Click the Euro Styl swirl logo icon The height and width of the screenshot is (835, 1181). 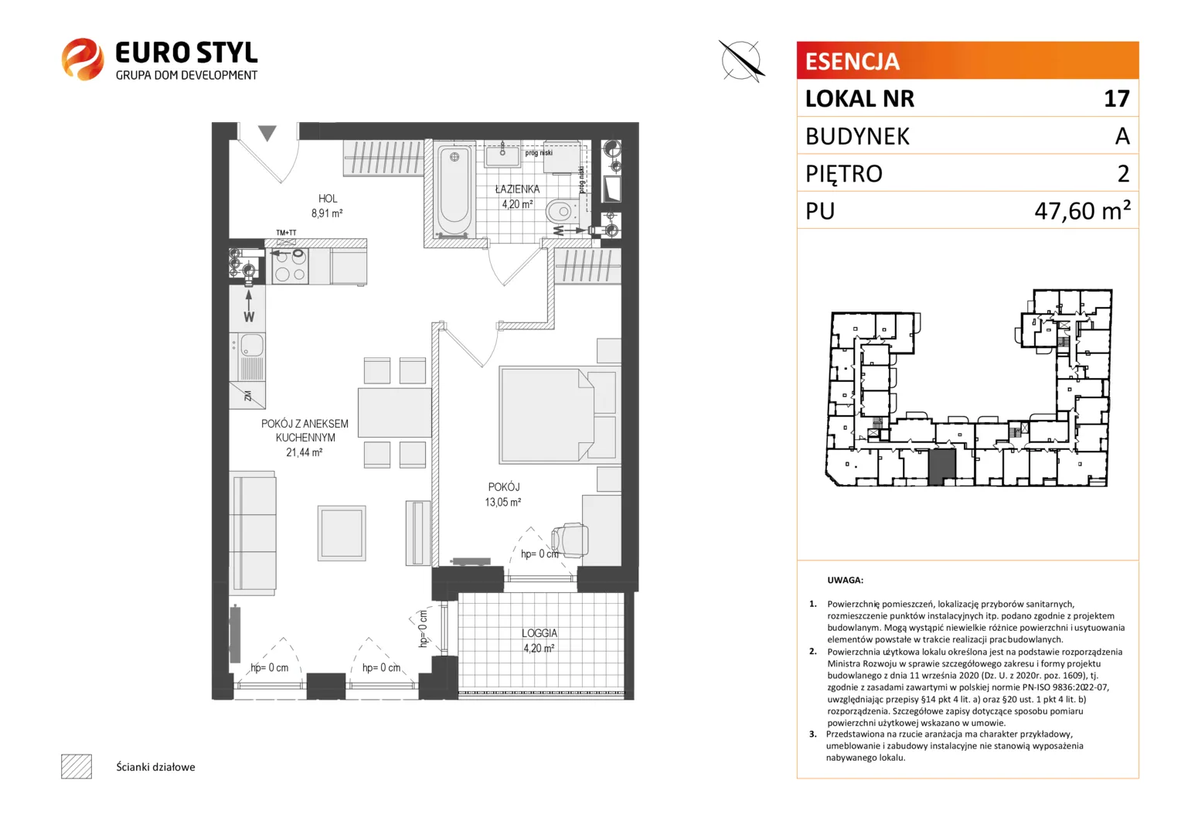click(83, 59)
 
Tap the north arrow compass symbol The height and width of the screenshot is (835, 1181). click(741, 60)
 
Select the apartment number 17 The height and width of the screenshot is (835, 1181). click(1117, 99)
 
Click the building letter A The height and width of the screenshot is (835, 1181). click(1122, 136)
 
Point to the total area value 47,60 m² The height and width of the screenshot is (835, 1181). click(1082, 210)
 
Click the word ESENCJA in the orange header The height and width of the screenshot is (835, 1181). click(852, 61)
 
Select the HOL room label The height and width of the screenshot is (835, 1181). click(328, 199)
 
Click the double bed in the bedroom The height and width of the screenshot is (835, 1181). click(558, 415)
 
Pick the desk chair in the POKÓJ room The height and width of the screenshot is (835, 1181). click(570, 540)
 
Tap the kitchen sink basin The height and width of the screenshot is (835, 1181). click(251, 346)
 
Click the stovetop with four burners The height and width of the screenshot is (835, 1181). click(290, 267)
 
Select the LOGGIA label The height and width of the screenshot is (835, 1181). click(539, 633)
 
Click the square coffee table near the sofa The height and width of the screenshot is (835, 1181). click(342, 533)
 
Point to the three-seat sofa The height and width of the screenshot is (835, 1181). click(253, 533)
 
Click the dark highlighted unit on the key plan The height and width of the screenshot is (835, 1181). click(941, 467)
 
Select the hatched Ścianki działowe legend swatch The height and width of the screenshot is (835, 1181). click(77, 766)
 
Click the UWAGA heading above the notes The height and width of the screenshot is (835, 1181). click(845, 580)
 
